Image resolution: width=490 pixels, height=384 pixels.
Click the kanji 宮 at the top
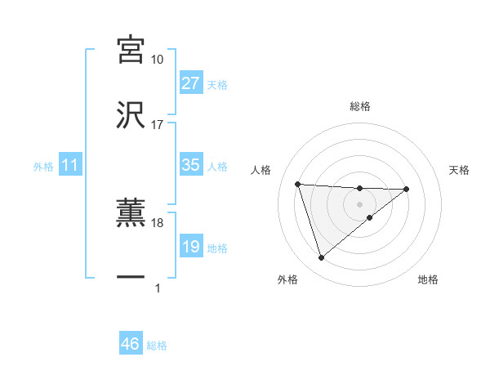[x=131, y=50]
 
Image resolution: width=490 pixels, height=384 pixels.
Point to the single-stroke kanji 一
[x=131, y=279]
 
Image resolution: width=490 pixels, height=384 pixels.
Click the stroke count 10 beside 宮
[x=158, y=60]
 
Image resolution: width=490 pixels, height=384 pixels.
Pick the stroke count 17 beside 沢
[x=158, y=125]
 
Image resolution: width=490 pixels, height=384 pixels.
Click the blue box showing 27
[x=191, y=83]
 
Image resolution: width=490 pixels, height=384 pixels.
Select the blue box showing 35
[x=191, y=165]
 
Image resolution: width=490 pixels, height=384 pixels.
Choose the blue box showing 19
[x=191, y=247]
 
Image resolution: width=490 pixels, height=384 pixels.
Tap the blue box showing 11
[x=70, y=165]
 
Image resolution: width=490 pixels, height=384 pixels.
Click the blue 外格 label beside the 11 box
[x=43, y=166]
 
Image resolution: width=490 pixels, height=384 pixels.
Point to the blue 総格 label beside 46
[x=157, y=346]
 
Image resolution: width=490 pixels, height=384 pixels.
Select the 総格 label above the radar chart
[x=360, y=106]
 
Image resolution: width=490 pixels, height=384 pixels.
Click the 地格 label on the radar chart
[x=428, y=279]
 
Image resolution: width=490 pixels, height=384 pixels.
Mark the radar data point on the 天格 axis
[x=407, y=189]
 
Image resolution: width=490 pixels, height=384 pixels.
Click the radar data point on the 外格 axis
[x=321, y=258]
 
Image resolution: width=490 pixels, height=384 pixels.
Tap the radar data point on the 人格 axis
[x=298, y=184]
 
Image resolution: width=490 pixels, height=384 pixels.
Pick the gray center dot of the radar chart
[x=360, y=203]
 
